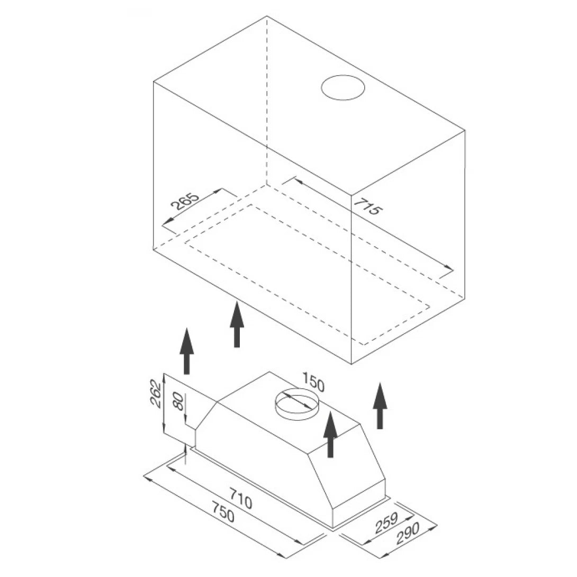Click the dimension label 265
[185, 201]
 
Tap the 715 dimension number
[368, 207]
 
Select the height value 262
[156, 393]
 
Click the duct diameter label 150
[313, 382]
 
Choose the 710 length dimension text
[241, 498]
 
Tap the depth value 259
[387, 522]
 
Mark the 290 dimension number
[408, 533]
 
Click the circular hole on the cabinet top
[343, 87]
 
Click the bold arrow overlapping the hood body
[330, 435]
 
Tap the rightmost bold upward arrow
[380, 406]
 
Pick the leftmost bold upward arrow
[186, 351]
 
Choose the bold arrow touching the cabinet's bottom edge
[237, 324]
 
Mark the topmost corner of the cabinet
[267, 16]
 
